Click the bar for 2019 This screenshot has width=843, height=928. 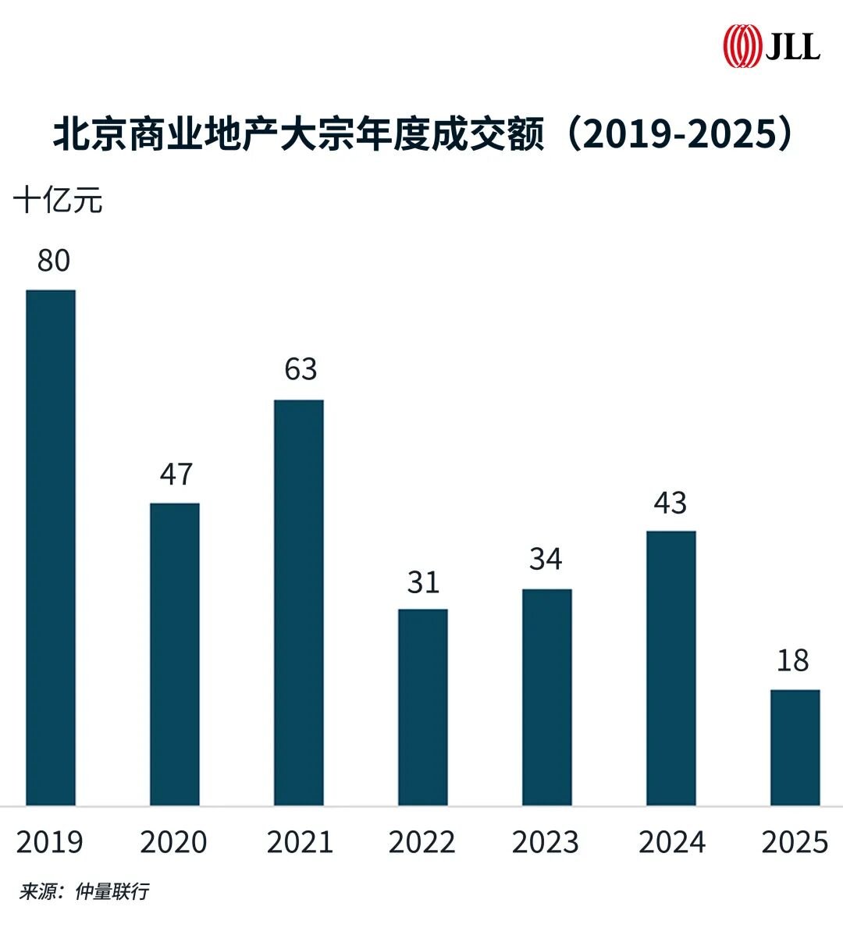point(51,547)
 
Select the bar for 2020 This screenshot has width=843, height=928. point(175,654)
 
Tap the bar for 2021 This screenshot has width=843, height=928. point(299,603)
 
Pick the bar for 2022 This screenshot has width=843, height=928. point(423,707)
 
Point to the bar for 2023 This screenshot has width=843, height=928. point(547,697)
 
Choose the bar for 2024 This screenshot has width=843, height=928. point(671,668)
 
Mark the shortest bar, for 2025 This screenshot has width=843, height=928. point(795,747)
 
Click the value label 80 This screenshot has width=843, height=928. point(54,261)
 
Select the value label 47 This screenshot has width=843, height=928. point(176,475)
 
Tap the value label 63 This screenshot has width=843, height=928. point(301,369)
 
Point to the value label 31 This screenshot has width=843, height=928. point(423,582)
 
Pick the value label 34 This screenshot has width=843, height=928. point(546,560)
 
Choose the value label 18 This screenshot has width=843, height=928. point(793,661)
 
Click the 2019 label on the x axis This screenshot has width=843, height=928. point(50,843)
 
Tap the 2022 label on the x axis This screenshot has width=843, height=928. point(422,843)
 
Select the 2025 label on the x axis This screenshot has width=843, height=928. point(795,843)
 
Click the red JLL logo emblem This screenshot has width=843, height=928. point(741,46)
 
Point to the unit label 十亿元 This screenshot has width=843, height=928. point(59,201)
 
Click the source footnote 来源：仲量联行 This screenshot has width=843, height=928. point(84,891)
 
